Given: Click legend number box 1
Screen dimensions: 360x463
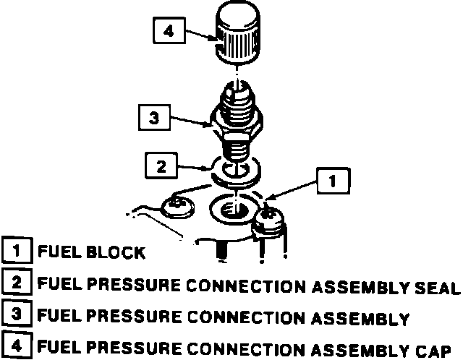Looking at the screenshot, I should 15,252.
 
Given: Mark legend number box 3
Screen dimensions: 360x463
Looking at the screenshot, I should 15,316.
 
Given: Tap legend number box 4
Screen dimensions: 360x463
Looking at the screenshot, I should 15,346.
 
